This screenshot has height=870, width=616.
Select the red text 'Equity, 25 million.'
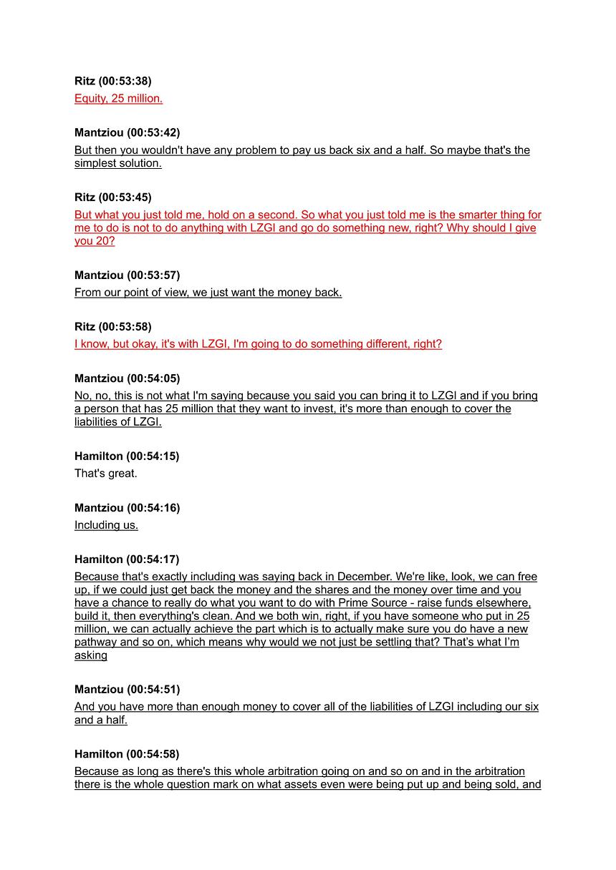[118, 99]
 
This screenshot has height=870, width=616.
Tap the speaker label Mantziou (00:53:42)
[127, 132]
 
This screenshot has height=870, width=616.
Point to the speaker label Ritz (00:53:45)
[112, 197]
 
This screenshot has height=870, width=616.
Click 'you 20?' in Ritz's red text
[95, 241]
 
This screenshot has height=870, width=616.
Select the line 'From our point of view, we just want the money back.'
[208, 293]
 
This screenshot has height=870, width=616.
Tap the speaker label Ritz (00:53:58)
[112, 326]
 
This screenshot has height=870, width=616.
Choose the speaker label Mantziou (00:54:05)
[127, 378]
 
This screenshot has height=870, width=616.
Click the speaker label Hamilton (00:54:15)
[127, 456]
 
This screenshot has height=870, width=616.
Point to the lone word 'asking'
[91, 655]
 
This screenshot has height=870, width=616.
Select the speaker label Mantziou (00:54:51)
[127, 689]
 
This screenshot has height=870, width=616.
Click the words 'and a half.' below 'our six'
[101, 720]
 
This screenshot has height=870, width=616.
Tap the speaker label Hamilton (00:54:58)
[127, 753]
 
